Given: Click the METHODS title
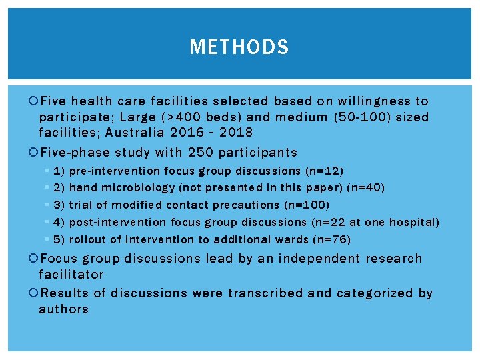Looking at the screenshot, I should pos(239,47).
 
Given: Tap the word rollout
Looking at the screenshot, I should pos(87,240).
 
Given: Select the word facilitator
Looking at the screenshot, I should pos(71,275).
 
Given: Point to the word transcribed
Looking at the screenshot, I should pos(258,293).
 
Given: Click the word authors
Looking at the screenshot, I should pos(64,309).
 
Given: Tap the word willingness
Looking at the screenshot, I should pos(374,101).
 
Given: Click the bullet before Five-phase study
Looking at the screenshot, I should pos(35,153).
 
